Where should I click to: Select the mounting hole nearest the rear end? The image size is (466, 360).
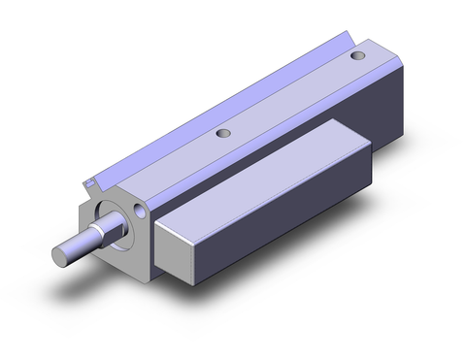361,57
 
